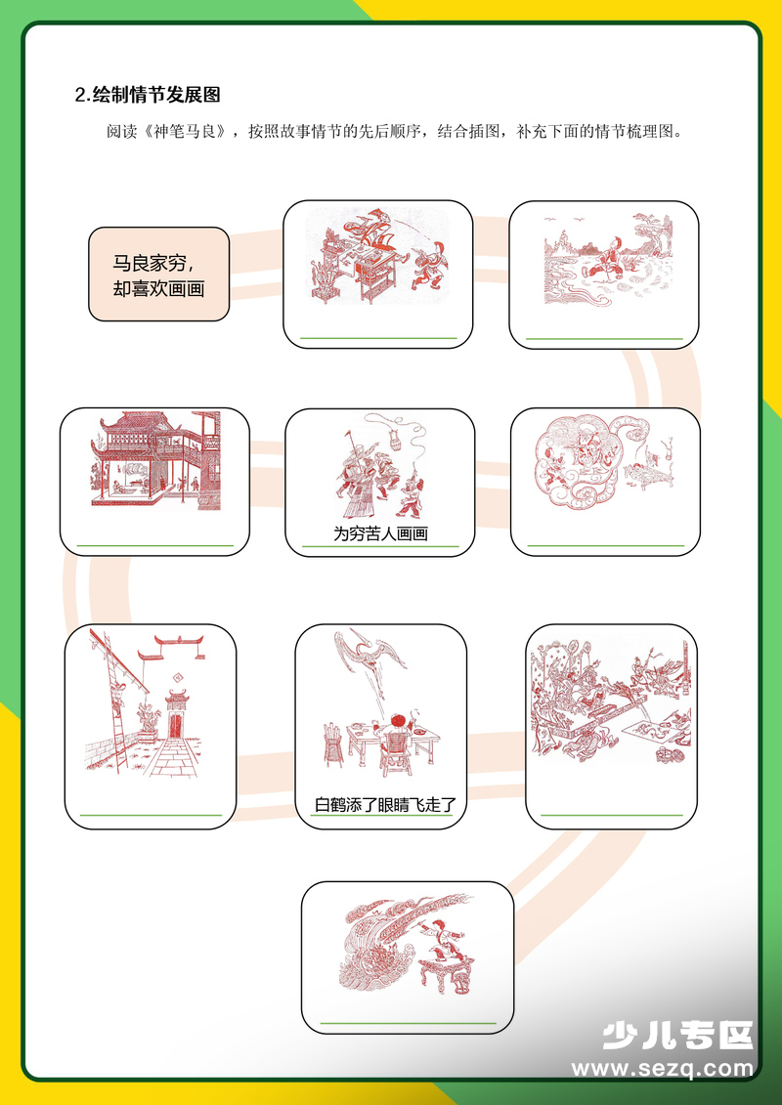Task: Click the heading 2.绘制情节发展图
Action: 148,95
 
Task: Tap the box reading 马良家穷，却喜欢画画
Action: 158,275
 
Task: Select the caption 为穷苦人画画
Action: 380,534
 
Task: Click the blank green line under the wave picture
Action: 408,1023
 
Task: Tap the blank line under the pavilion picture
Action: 154,545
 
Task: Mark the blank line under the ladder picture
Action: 151,814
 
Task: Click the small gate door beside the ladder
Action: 177,719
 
